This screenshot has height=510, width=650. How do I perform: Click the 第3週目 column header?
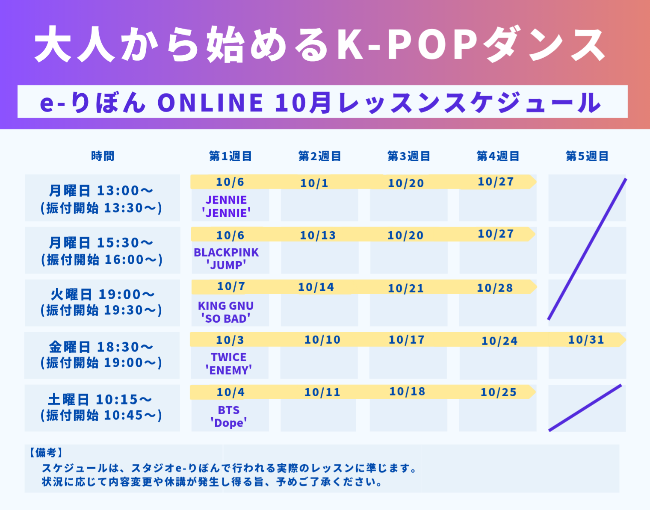tap(409, 156)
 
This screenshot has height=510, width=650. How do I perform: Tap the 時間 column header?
tap(103, 156)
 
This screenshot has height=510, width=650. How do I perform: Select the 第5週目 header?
tap(587, 156)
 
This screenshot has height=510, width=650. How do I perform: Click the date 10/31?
tap(586, 339)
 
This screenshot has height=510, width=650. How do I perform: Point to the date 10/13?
tap(318, 235)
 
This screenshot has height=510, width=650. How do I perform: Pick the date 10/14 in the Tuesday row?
tap(316, 287)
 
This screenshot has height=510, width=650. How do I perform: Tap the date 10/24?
tap(499, 341)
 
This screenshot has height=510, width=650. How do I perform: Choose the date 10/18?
tap(407, 391)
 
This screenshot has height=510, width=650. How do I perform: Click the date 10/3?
tap(230, 340)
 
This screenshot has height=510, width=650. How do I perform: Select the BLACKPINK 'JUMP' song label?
tap(226, 259)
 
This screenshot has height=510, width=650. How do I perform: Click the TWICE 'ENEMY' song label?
tap(229, 363)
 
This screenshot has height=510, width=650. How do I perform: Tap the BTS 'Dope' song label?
tap(229, 416)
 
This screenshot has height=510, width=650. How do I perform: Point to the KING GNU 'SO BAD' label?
tap(226, 312)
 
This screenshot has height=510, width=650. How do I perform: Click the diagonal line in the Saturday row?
tap(585, 408)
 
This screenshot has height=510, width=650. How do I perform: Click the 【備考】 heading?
tap(46, 453)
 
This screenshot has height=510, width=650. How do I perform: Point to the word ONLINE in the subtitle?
tap(210, 102)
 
